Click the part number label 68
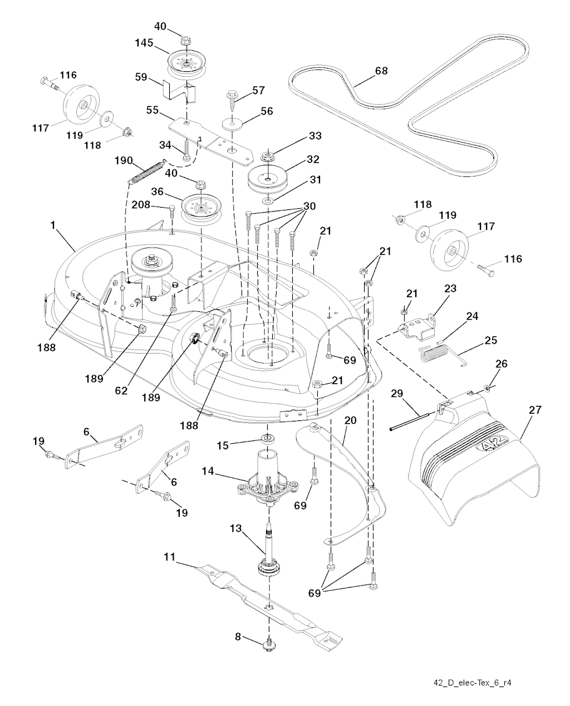pos(381,71)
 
